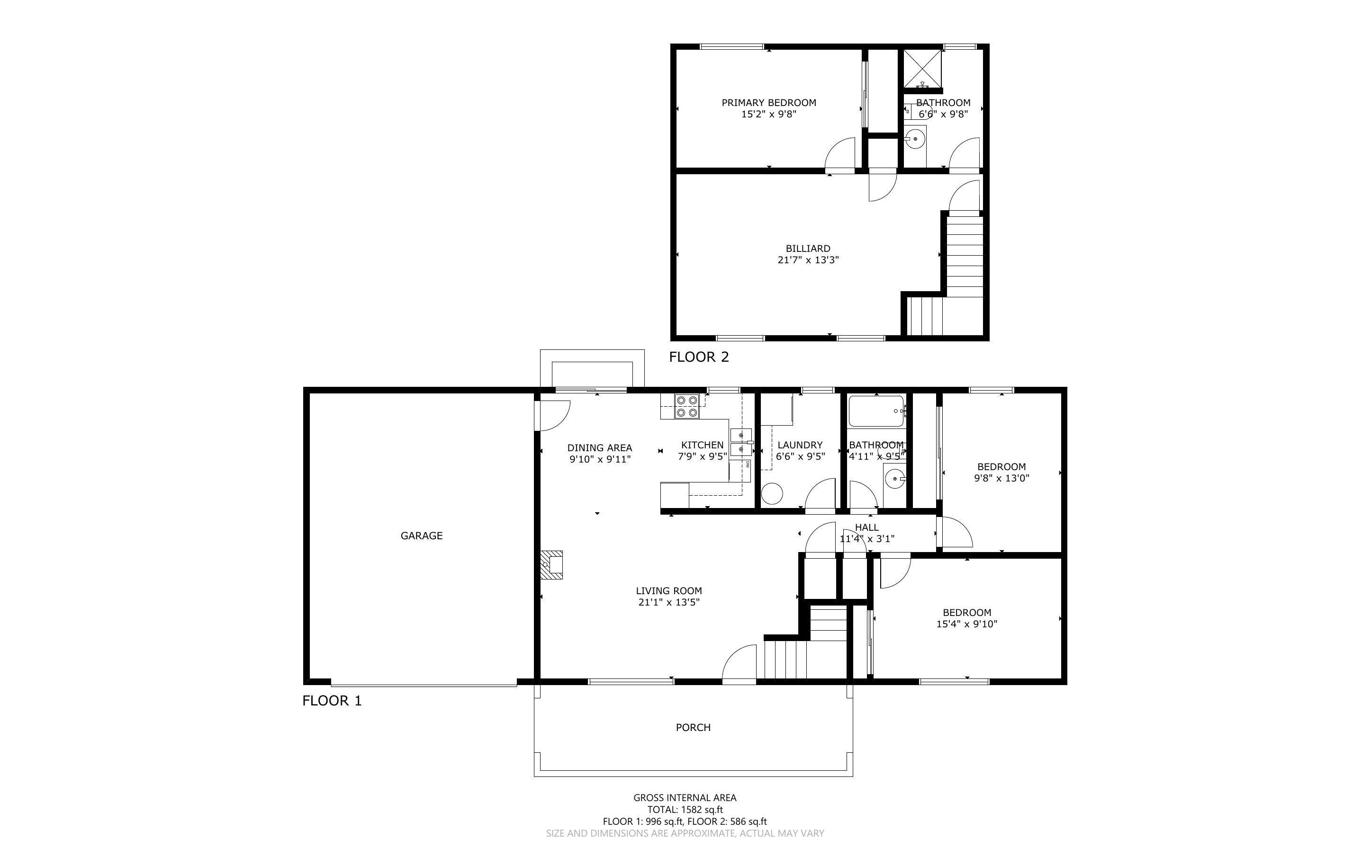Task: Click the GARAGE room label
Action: point(421,535)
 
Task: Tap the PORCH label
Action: point(693,728)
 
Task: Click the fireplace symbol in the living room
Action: point(551,565)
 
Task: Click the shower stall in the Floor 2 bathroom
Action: point(922,69)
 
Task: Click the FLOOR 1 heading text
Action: point(332,701)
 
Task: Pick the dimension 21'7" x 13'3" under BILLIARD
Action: point(808,260)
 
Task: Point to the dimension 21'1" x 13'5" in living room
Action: point(669,602)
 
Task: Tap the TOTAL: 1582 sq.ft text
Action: point(685,810)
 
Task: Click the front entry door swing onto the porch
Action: point(739,663)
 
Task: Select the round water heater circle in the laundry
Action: point(771,494)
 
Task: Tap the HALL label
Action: point(866,527)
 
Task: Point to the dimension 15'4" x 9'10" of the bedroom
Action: point(967,624)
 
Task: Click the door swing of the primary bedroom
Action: point(841,154)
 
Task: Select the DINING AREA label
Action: point(599,448)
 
